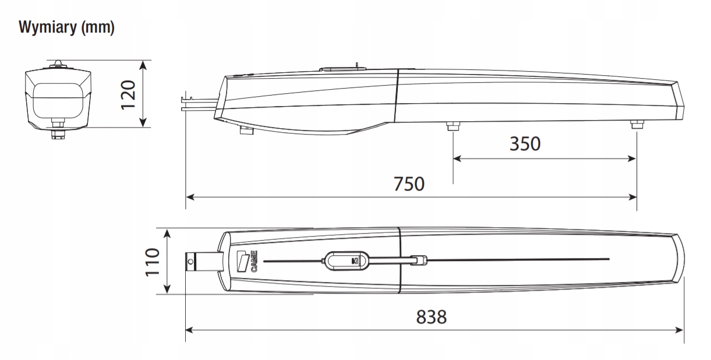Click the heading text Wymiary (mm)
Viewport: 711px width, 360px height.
pos(66,27)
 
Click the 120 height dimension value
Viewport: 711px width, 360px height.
pos(129,95)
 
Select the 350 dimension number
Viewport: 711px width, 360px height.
pos(525,144)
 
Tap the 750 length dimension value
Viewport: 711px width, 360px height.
pos(409,184)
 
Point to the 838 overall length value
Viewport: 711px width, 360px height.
pos(431,317)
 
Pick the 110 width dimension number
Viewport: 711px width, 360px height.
pos(153,262)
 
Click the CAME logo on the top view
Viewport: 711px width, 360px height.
pos(247,262)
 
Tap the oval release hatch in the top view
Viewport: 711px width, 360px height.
pos(346,261)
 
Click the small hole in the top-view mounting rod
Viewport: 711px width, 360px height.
pos(190,262)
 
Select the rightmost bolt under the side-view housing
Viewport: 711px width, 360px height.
pos(637,124)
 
